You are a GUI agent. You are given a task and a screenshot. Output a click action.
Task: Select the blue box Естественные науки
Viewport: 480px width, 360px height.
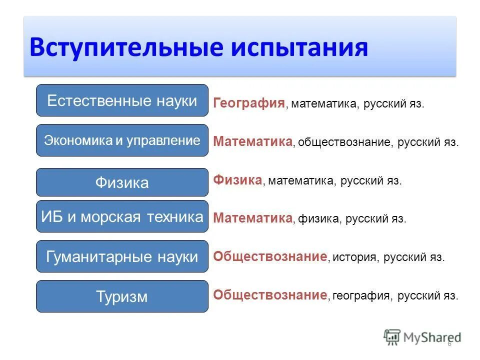click(122, 100)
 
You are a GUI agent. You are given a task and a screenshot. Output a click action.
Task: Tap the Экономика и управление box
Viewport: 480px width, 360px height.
click(122, 140)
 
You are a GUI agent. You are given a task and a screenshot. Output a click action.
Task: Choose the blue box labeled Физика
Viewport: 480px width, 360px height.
click(122, 182)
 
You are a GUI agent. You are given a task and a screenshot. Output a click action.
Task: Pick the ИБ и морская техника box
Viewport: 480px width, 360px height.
click(122, 216)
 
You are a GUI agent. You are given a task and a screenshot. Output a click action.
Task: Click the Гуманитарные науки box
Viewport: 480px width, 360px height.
click(122, 256)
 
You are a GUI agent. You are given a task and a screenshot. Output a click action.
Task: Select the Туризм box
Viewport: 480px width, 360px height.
click(122, 296)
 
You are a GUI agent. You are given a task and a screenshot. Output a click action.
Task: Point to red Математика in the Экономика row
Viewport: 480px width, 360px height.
click(252, 141)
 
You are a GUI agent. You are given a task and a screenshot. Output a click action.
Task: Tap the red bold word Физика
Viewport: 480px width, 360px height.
click(237, 179)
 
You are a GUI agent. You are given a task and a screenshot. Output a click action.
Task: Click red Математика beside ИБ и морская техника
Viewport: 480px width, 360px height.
click(252, 218)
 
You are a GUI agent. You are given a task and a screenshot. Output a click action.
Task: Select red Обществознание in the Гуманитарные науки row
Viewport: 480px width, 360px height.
click(270, 256)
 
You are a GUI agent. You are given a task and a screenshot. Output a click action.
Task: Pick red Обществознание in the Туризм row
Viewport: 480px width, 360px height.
click(270, 295)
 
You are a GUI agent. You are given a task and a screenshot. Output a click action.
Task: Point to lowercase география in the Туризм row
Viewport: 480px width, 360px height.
click(361, 296)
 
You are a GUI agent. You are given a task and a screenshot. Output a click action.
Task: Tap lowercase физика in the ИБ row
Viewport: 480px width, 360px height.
click(317, 219)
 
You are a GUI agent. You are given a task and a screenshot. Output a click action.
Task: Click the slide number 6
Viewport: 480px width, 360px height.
click(449, 344)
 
